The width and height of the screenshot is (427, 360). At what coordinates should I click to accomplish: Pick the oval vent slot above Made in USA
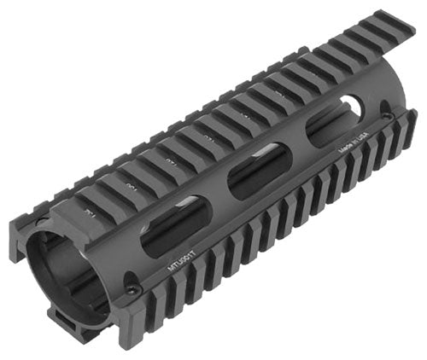point(335,129)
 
